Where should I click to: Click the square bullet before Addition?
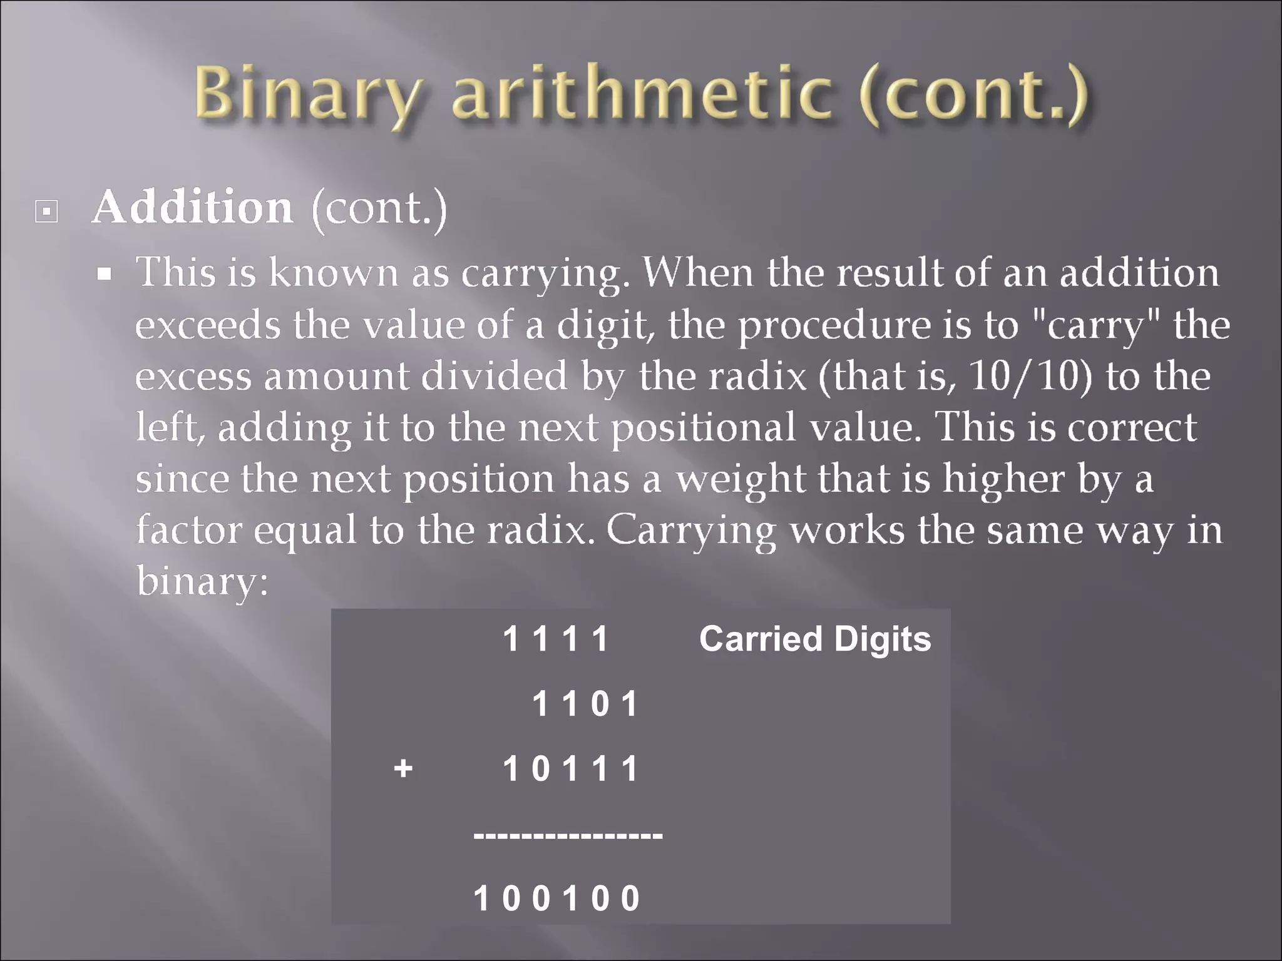tap(46, 211)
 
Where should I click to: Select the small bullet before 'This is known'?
tap(105, 273)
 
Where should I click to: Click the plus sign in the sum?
tap(403, 768)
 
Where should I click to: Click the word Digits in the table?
tap(882, 640)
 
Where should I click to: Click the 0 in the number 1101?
tap(600, 704)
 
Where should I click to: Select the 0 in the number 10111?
tap(540, 769)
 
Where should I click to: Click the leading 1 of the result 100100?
tap(481, 899)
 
